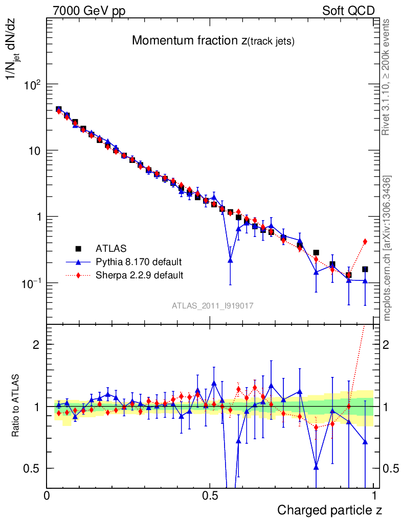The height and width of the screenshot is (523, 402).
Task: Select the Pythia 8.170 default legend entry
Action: pyautogui.click(x=139, y=262)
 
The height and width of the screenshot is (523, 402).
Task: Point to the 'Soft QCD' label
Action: pyautogui.click(x=348, y=11)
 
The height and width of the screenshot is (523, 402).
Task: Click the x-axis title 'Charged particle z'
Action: pyautogui.click(x=329, y=510)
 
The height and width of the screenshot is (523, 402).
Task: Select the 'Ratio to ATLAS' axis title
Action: pyautogui.click(x=16, y=406)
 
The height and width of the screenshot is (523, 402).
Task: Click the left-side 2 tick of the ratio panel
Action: pyautogui.click(x=36, y=344)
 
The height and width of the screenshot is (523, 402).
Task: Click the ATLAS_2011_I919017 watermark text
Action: pyautogui.click(x=213, y=305)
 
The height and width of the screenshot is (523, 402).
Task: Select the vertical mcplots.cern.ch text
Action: pyautogui.click(x=387, y=248)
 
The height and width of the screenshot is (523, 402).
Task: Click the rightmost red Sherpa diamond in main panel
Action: pyautogui.click(x=365, y=242)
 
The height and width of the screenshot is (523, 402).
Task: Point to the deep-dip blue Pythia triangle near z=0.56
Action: pyautogui.click(x=230, y=260)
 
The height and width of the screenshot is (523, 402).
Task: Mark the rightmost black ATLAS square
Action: pyautogui.click(x=365, y=269)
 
